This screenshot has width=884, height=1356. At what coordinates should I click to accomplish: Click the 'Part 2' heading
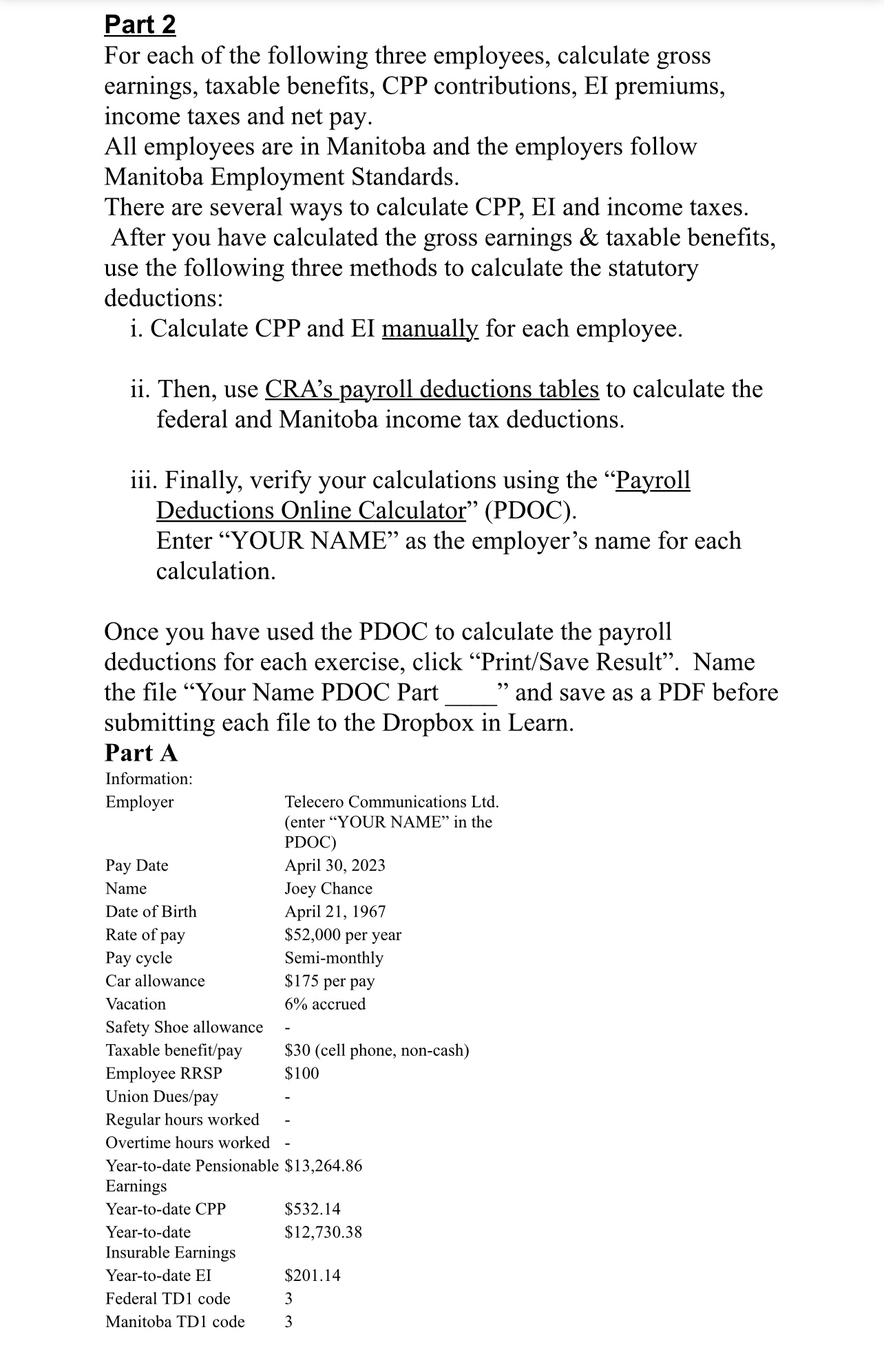point(140,25)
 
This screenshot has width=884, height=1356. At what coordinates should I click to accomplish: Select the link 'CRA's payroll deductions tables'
point(432,390)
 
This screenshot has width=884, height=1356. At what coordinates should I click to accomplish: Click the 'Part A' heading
point(141,753)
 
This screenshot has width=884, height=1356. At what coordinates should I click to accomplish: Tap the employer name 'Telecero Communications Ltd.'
point(392,802)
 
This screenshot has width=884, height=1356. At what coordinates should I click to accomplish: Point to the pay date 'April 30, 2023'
point(335,865)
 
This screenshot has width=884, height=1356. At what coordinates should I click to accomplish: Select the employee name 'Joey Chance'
point(328,889)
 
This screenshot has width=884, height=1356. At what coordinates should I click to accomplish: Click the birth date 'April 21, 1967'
point(335,911)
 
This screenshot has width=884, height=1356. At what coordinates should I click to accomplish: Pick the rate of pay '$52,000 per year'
point(343,935)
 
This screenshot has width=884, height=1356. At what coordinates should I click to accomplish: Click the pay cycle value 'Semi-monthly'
point(334,957)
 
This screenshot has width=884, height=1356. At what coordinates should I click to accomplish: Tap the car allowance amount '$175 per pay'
point(329,981)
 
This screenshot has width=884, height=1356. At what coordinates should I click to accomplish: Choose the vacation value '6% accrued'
point(325,1004)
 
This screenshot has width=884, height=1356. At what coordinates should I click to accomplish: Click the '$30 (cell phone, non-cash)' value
point(377,1050)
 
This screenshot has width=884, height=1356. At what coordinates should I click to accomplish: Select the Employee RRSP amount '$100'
point(302,1073)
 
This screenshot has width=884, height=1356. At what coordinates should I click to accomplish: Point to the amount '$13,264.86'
point(323,1165)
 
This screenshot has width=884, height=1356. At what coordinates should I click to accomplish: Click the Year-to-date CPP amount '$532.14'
point(313,1209)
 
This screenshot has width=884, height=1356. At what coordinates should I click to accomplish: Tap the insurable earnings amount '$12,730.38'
point(323,1232)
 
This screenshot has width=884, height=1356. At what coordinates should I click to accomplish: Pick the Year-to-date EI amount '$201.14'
point(313,1275)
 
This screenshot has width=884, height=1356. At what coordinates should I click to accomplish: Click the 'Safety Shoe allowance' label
point(184,1027)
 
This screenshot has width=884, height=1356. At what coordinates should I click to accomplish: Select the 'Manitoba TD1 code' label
point(175,1322)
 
